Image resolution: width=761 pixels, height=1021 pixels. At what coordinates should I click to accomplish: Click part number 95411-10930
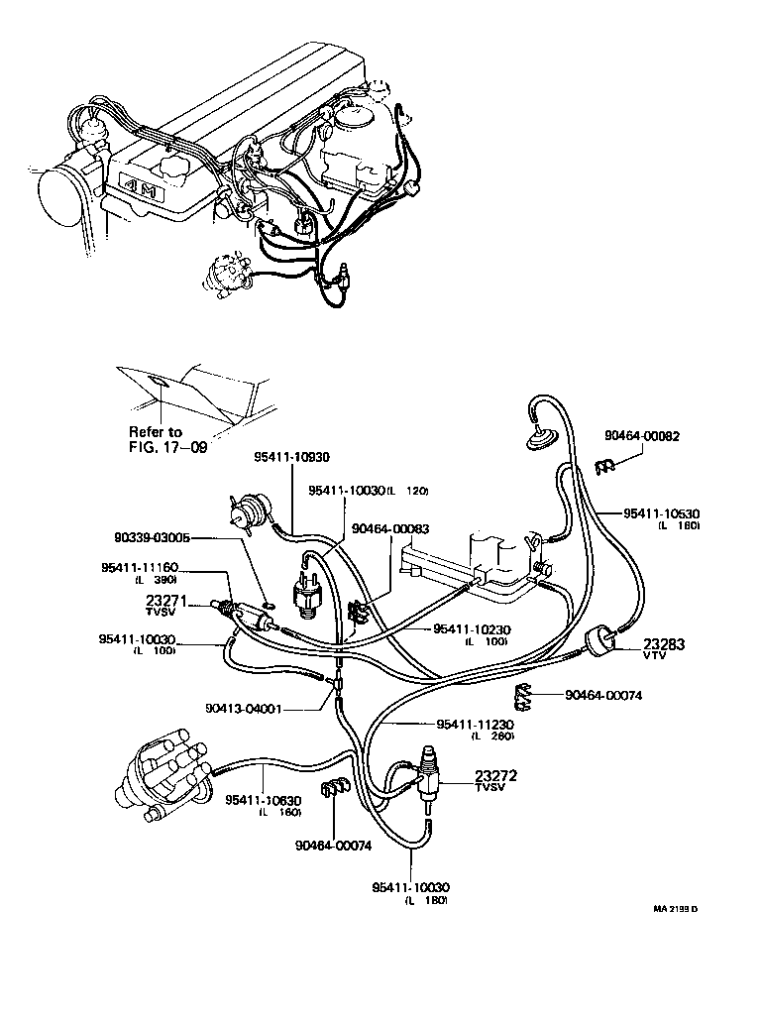[x=291, y=457]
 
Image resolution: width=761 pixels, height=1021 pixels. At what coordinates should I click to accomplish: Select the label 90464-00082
[x=641, y=435]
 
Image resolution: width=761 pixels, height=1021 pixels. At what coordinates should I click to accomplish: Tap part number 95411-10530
[x=662, y=513]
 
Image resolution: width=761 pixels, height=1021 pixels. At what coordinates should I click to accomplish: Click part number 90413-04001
[x=245, y=709]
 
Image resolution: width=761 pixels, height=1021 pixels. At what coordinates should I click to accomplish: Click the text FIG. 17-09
[x=168, y=447]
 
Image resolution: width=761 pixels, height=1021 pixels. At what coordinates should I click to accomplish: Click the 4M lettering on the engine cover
[x=144, y=187]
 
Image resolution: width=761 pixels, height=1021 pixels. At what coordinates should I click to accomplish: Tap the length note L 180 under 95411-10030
[x=426, y=900]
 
